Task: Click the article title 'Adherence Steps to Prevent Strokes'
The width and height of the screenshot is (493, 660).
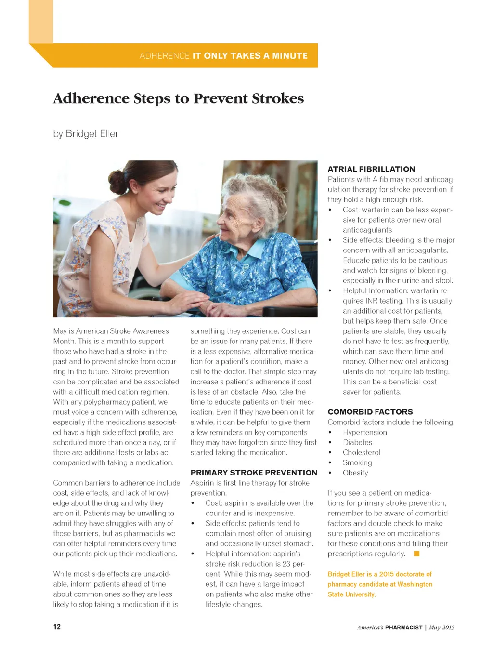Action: coord(178,99)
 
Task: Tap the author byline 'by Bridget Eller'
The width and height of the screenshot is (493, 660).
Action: coord(86,134)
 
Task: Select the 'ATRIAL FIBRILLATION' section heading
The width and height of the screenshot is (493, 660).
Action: coord(371,169)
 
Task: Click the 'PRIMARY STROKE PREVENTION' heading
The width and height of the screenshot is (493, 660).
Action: coord(254,473)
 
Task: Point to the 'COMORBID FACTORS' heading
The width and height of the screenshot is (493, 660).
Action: coord(370,412)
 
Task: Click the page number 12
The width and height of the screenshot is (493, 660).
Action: coord(57,627)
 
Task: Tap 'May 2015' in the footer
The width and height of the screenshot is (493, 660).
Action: coord(441,627)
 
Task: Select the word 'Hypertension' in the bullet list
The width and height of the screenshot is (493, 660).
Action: coord(364,432)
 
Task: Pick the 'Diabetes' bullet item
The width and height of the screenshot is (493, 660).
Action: coord(357,442)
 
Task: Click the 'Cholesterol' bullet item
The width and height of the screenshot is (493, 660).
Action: coord(361,452)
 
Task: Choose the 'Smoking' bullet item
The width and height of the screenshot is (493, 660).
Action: coord(357,462)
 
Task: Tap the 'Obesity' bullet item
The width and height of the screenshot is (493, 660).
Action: coord(355,473)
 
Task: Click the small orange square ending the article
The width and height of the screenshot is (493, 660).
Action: coord(416,554)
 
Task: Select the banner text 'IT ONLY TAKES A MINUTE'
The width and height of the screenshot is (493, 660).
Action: coord(250,56)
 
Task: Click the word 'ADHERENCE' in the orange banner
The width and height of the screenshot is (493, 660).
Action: coord(164,56)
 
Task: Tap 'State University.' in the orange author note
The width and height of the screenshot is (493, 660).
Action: coord(351,594)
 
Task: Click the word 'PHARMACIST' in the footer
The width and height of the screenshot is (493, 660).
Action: coord(403,627)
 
